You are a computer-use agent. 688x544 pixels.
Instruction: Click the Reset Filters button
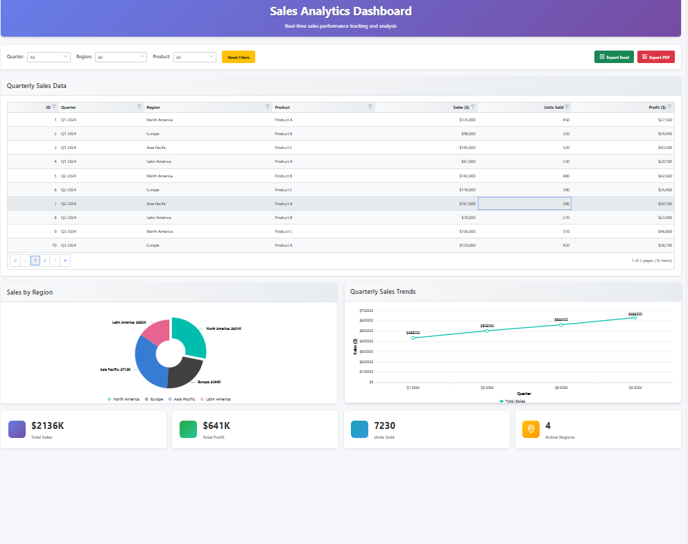pos(239,57)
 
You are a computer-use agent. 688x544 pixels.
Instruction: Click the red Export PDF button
pos(655,57)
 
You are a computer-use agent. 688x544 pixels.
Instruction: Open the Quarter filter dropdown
pos(49,57)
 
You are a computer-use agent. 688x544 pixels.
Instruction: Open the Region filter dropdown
pos(121,57)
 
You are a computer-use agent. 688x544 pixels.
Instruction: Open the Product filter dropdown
pos(194,57)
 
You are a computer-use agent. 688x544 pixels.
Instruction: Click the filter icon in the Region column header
pos(268,107)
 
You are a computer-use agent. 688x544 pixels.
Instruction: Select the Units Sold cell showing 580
pos(524,204)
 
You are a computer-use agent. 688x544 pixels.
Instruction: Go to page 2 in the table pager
pos(44,261)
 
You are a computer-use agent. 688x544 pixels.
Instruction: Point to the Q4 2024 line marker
pos(635,317)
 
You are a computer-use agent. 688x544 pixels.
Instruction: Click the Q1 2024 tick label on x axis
pos(413,387)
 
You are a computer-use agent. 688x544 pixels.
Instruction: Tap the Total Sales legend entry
pos(513,401)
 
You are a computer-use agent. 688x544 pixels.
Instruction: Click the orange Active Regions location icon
pos(531,429)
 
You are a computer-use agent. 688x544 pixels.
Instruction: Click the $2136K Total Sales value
pos(48,425)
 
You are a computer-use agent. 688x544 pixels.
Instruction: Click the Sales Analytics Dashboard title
pos(341,11)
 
